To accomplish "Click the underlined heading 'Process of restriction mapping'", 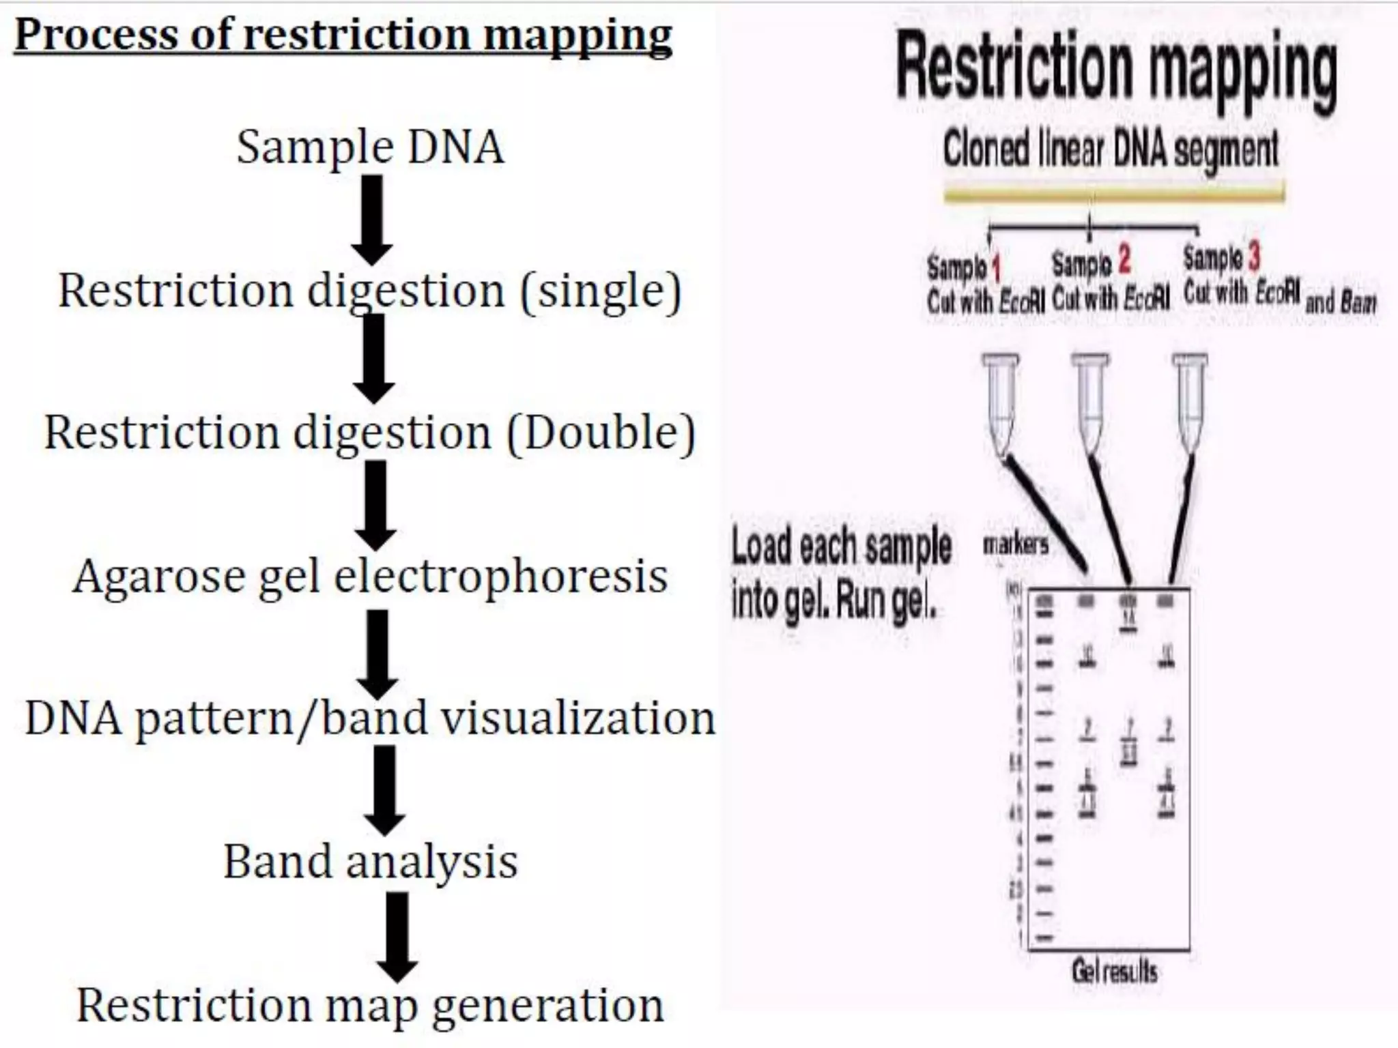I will (343, 35).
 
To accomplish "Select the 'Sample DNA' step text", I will (370, 147).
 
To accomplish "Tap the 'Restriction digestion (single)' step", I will (370, 291).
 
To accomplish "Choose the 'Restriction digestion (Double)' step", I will (370, 433).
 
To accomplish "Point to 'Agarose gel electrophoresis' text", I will (370, 577).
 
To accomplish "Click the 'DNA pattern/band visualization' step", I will (370, 719).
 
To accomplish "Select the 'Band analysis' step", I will (370, 862).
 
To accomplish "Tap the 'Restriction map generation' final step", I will (370, 1005).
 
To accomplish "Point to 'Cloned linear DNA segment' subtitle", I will (1111, 149).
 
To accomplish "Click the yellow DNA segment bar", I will (1114, 194).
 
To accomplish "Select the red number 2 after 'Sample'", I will (1124, 260).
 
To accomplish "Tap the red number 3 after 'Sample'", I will (1254, 258).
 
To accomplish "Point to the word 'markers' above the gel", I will (1016, 544).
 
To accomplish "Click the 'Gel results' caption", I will (1114, 971).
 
